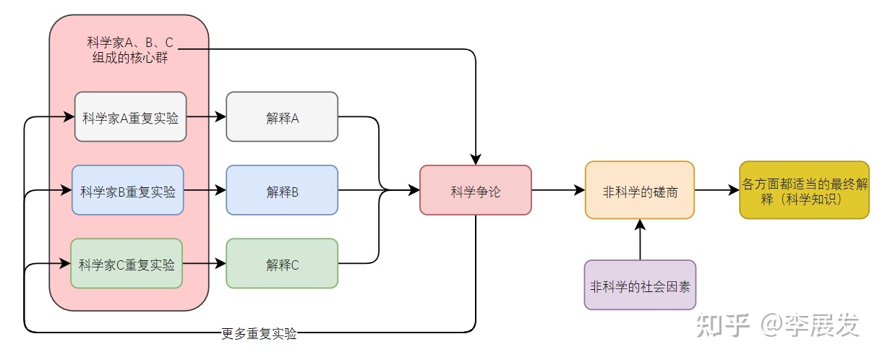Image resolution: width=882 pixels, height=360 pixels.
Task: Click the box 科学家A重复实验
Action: click(130, 116)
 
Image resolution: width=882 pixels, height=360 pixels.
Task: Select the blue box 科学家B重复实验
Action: click(128, 190)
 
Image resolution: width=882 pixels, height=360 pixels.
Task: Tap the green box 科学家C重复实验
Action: click(127, 264)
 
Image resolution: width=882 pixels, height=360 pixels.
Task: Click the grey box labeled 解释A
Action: click(282, 116)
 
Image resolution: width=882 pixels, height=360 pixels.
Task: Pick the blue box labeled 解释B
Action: click(282, 190)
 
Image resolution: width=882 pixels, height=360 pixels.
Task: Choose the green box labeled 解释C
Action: click(282, 264)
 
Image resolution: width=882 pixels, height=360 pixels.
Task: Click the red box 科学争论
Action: click(476, 190)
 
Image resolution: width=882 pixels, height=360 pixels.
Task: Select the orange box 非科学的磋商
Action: click(640, 190)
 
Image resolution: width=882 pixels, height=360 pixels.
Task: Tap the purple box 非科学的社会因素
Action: click(640, 285)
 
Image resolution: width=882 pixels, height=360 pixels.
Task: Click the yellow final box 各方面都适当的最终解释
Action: click(804, 190)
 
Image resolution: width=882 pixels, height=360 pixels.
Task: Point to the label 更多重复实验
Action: click(259, 334)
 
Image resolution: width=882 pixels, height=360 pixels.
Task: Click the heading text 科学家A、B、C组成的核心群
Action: click(130, 50)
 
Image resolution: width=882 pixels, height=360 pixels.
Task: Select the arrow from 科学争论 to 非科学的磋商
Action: click(558, 190)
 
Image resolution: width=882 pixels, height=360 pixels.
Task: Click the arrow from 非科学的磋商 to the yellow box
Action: click(716, 190)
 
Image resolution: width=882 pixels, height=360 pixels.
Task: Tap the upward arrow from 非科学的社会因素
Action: click(640, 239)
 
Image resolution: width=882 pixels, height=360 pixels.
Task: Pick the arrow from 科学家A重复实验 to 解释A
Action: click(206, 116)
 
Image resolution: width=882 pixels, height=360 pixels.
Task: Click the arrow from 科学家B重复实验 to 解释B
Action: click(205, 190)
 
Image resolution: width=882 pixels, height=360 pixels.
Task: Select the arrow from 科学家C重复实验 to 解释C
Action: click(205, 264)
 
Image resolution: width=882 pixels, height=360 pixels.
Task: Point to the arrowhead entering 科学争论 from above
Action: click(476, 158)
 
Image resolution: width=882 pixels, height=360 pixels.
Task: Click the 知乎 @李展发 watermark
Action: click(777, 325)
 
